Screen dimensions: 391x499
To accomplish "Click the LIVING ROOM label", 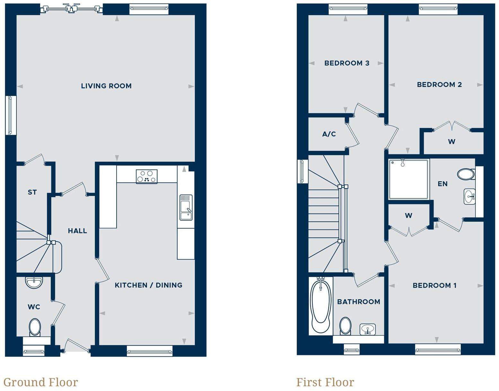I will pyautogui.click(x=106, y=86).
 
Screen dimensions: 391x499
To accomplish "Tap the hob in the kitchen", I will pyautogui.click(x=146, y=177).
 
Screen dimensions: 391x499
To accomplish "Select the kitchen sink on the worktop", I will pyautogui.click(x=186, y=207).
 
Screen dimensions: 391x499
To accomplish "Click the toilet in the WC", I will pyautogui.click(x=35, y=327).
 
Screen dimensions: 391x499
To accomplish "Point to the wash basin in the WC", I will pyautogui.click(x=34, y=282).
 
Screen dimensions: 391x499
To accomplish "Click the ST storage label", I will pyautogui.click(x=32, y=192).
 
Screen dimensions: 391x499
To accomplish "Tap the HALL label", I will pyautogui.click(x=77, y=231).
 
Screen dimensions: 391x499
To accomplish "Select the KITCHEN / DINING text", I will pyautogui.click(x=148, y=285).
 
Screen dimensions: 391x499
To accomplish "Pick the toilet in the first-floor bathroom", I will pyautogui.click(x=345, y=326).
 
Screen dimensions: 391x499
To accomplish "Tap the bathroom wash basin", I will pyautogui.click(x=367, y=329).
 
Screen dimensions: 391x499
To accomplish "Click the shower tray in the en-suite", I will pyautogui.click(x=408, y=179).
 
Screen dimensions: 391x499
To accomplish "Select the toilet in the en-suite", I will pyautogui.click(x=466, y=174).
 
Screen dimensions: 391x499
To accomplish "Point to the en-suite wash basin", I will pyautogui.click(x=469, y=196).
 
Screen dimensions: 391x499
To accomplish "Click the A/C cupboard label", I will pyautogui.click(x=329, y=134).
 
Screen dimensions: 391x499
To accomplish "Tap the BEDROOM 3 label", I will pyautogui.click(x=347, y=63).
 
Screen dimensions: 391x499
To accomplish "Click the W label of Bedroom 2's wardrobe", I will pyautogui.click(x=451, y=142).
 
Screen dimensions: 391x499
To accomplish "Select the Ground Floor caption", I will pyautogui.click(x=41, y=382).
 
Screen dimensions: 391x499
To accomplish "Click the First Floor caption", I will pyautogui.click(x=325, y=382).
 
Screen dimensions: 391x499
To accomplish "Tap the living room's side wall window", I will pyautogui.click(x=11, y=115).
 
